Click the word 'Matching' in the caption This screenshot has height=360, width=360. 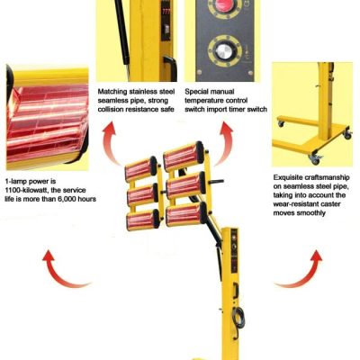pos(112,92)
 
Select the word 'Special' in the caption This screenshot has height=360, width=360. pos(197,92)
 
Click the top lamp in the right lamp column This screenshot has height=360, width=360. pos(184,156)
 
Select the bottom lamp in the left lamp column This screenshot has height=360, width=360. pos(143,220)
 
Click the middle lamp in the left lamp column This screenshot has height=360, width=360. pos(142,194)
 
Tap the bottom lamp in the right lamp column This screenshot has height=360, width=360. pos(186,213)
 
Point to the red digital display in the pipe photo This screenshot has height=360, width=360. pos(166,12)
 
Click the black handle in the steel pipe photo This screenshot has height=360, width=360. pos(170,67)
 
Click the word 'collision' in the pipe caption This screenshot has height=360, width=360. pos(112,109)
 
